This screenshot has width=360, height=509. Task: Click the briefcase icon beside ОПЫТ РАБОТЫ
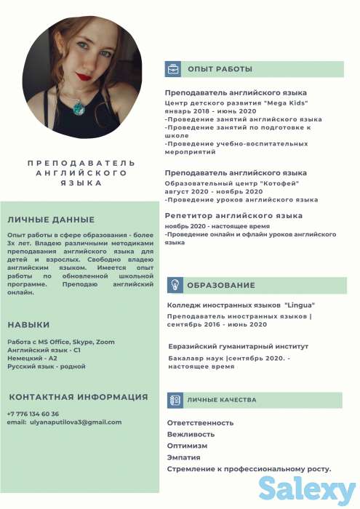174,69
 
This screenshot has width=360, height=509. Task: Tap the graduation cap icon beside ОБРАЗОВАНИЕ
174,285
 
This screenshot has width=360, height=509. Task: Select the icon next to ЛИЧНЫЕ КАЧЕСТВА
174,400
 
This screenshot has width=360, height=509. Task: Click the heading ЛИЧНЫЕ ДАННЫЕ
50,220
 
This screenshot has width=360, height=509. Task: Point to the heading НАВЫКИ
29,325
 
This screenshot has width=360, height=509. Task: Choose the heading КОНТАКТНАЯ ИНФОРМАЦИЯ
79,397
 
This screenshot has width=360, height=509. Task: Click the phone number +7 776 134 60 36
33,414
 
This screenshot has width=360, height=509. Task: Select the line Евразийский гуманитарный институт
239,347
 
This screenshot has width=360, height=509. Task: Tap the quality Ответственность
200,422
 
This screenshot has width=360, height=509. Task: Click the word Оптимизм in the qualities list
187,446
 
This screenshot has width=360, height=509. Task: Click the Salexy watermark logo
305,487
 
